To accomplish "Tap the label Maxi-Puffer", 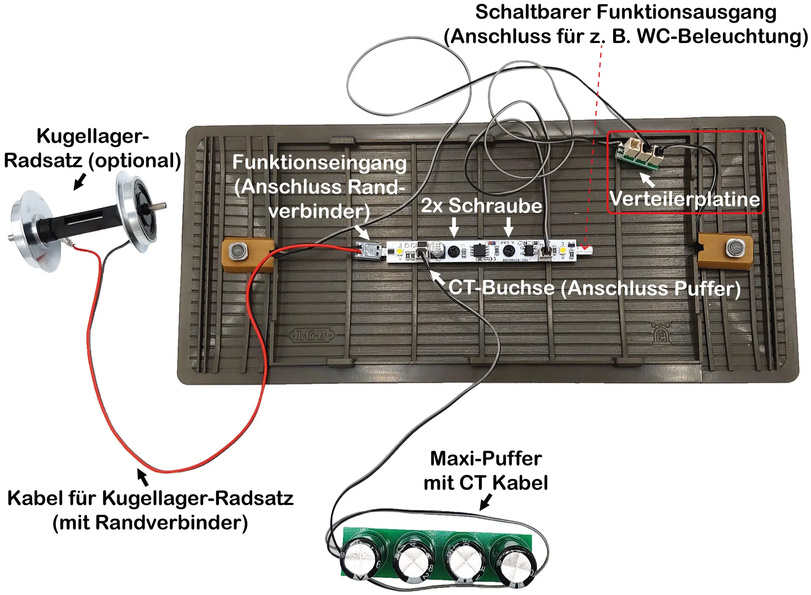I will pos(485,459).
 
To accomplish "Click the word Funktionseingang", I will pos(319,163).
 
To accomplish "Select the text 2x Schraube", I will pos(481,205).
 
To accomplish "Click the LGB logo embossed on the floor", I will pos(311,335).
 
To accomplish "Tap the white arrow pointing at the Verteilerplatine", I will pos(647,180).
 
